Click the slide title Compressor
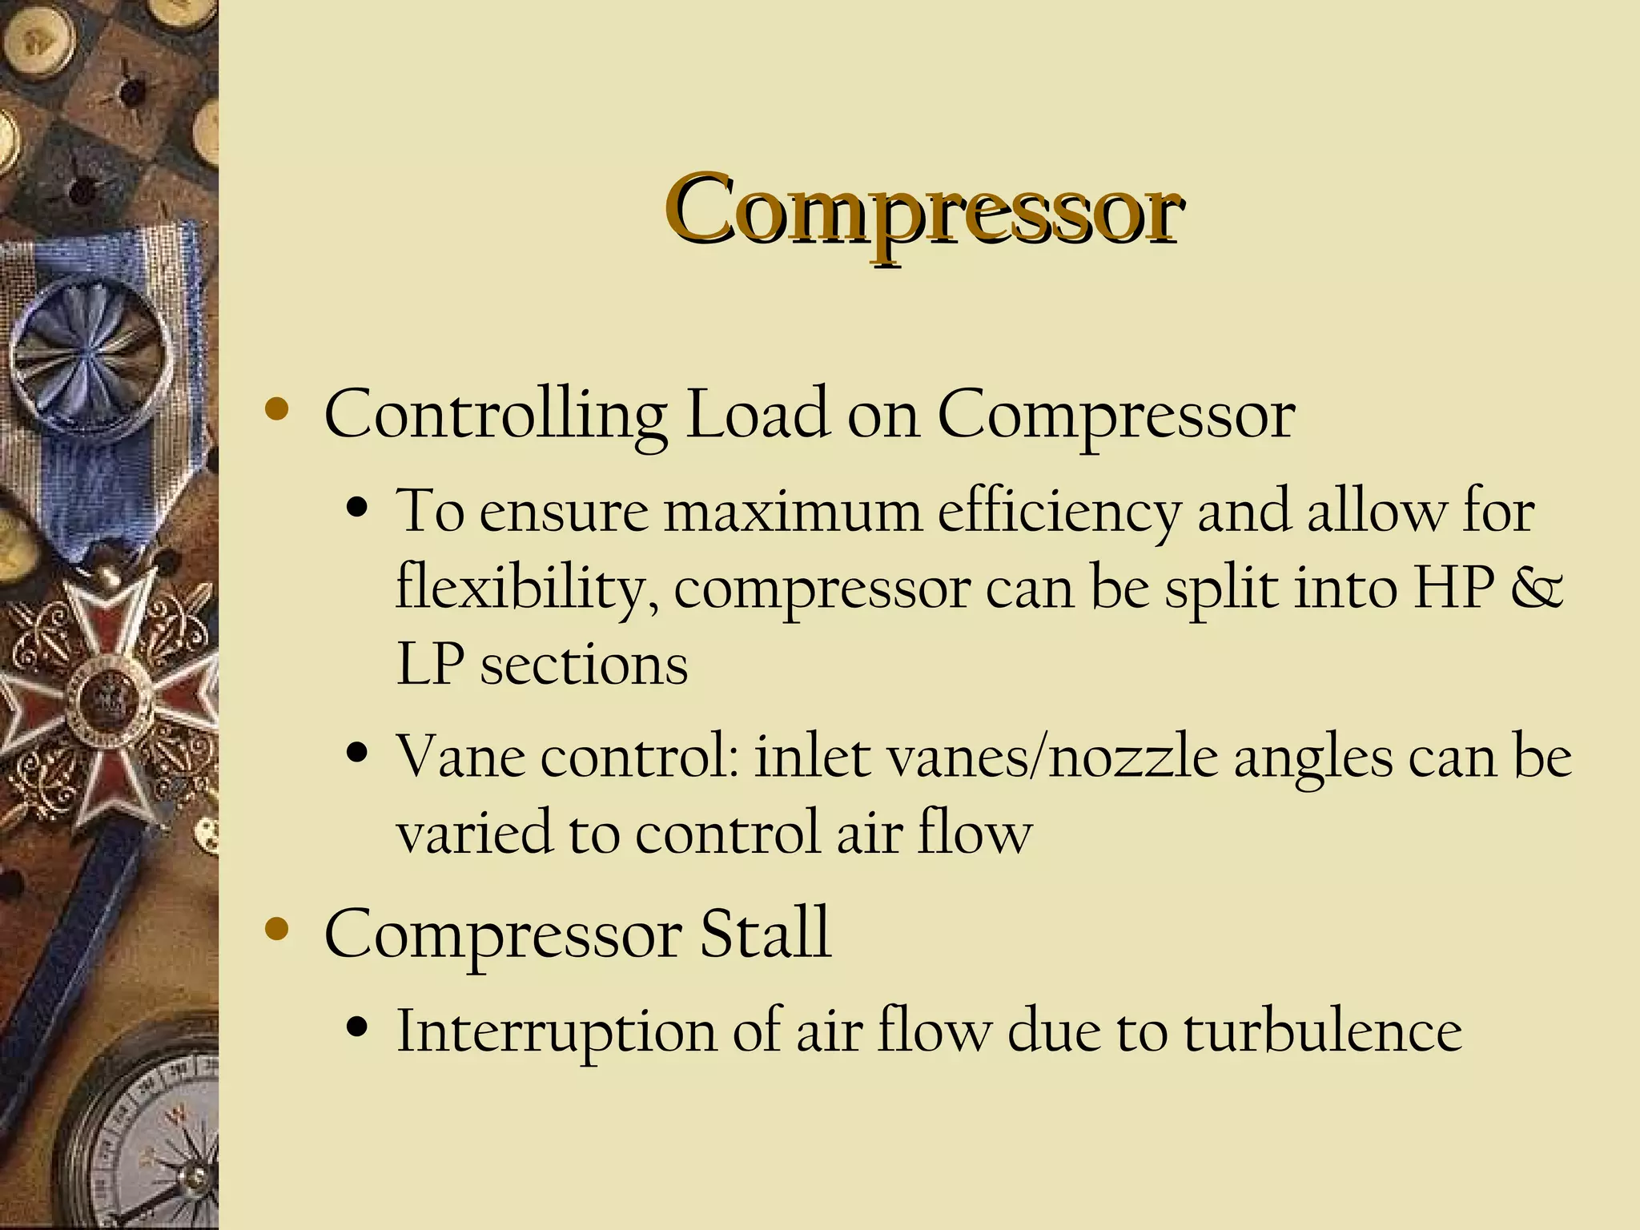click(924, 210)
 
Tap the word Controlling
click(495, 415)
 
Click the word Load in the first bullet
click(758, 415)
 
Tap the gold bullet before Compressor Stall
click(276, 929)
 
